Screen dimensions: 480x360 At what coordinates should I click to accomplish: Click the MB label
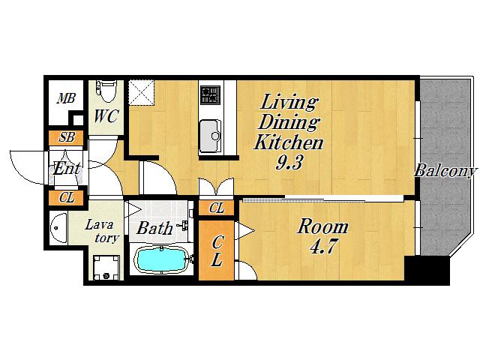pyautogui.click(x=67, y=98)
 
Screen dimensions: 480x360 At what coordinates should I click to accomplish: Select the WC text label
pyautogui.click(x=106, y=116)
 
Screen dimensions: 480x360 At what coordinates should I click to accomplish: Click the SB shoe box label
pyautogui.click(x=67, y=137)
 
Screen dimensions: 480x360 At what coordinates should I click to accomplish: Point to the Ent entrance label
pyautogui.click(x=67, y=168)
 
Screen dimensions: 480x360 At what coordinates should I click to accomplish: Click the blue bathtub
pyautogui.click(x=161, y=260)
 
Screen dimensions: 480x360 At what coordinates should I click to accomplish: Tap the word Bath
pyautogui.click(x=154, y=228)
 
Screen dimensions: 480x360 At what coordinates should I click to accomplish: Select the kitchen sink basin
pyautogui.click(x=210, y=136)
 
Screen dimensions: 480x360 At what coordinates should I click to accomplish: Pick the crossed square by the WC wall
pyautogui.click(x=141, y=93)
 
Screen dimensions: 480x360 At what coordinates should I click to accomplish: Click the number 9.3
pyautogui.click(x=289, y=161)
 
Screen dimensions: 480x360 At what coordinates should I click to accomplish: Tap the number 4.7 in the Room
pyautogui.click(x=323, y=246)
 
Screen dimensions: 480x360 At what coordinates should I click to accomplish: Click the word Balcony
pyautogui.click(x=445, y=171)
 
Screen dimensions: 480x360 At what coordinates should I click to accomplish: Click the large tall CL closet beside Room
pyautogui.click(x=217, y=250)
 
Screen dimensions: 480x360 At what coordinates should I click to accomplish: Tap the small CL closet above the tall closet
pyautogui.click(x=217, y=208)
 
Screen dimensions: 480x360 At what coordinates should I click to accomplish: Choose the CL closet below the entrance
pyautogui.click(x=66, y=198)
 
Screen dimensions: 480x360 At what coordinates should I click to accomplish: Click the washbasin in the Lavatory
pyautogui.click(x=58, y=228)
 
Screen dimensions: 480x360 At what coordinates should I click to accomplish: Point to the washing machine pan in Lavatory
pyautogui.click(x=106, y=268)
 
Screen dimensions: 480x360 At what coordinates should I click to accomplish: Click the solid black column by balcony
pyautogui.click(x=427, y=269)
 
